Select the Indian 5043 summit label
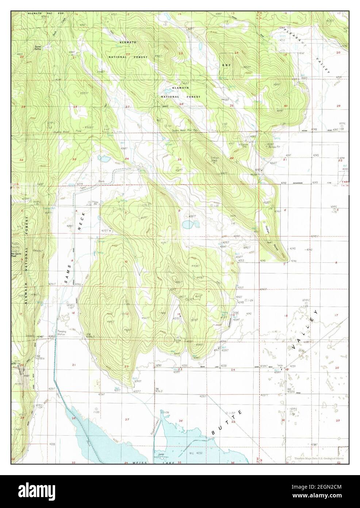click(x=215, y=159)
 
